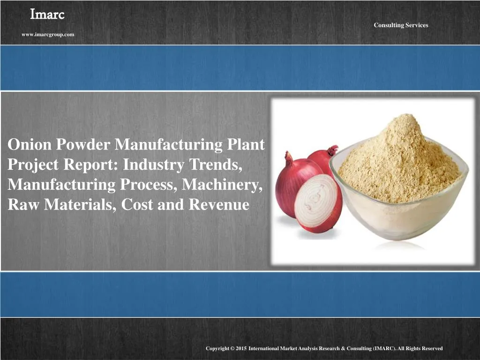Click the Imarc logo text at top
[x=47, y=15]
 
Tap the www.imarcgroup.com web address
[x=48, y=34]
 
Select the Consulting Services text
[x=401, y=25]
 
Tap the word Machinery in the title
[x=222, y=185]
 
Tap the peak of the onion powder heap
[x=401, y=120]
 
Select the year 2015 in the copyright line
[x=240, y=348]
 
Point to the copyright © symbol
[x=232, y=348]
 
